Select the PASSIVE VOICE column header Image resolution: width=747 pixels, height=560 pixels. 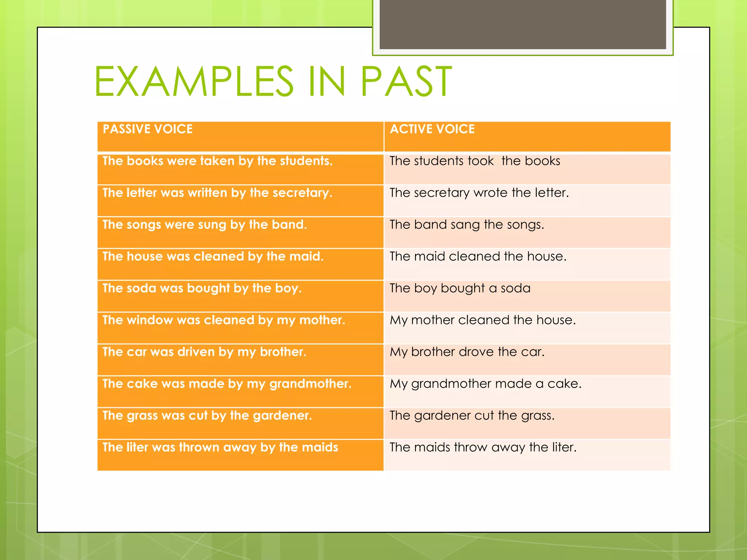[x=148, y=129]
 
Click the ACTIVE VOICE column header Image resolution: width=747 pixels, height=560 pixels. [x=432, y=129]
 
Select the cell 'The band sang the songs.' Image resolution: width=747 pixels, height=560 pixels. [x=467, y=225]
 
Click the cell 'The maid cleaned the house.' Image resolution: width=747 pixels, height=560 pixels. [x=478, y=256]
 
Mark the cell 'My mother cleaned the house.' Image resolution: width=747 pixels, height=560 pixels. [x=483, y=320]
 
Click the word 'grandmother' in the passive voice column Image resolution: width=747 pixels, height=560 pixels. [x=310, y=384]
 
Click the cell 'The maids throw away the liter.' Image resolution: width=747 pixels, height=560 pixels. [x=483, y=447]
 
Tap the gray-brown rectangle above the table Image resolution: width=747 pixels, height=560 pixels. [x=523, y=24]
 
